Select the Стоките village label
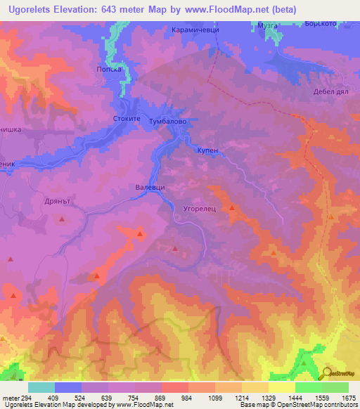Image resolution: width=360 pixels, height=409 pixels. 127,120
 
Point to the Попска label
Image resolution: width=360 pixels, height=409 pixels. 109,70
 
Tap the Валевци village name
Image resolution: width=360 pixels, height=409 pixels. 150,188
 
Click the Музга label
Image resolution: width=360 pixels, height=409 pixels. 268,25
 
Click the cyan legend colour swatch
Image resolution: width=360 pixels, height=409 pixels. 41,387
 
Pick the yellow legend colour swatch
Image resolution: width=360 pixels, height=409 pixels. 281,387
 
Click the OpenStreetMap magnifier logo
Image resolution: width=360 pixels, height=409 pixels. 328,374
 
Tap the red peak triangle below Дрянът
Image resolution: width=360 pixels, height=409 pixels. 62,219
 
